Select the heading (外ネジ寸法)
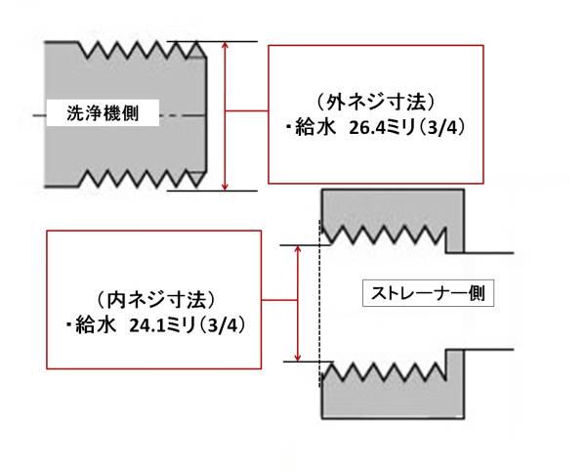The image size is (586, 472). coord(376,101)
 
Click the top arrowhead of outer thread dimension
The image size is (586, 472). coord(227,47)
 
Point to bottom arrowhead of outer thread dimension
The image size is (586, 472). coord(227,186)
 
